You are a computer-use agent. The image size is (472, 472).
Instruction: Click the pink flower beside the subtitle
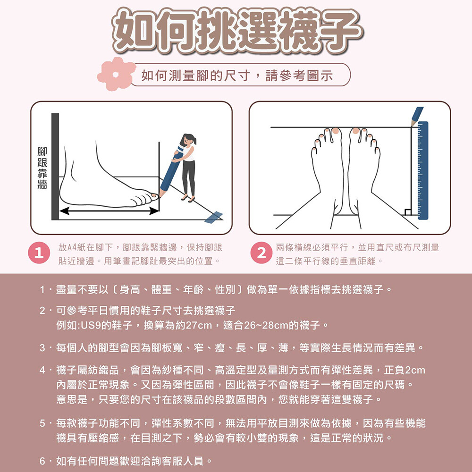(x=116, y=74)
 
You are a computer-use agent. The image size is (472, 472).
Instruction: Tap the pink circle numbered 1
(x=39, y=253)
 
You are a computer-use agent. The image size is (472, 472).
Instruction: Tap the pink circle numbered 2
(x=261, y=253)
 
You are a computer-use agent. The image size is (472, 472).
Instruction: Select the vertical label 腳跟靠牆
(x=42, y=168)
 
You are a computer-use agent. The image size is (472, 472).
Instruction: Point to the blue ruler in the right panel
(x=422, y=170)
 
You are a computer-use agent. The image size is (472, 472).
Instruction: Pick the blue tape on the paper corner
(x=214, y=217)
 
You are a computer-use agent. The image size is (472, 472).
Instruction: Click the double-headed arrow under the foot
(x=110, y=211)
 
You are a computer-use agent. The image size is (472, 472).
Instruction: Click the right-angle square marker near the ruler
(x=408, y=212)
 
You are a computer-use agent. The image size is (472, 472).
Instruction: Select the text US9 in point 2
(x=90, y=325)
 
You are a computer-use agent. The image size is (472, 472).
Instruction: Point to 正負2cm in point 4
(x=405, y=370)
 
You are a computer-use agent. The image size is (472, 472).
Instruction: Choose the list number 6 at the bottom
(x=42, y=461)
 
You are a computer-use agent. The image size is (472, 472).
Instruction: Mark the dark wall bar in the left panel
(x=55, y=167)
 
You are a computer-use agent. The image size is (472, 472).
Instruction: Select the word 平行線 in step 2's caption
(x=323, y=261)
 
